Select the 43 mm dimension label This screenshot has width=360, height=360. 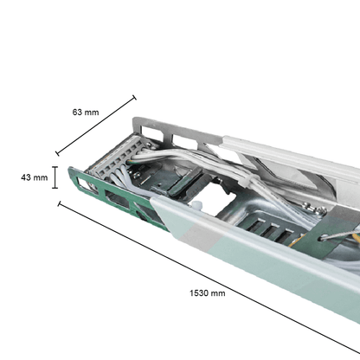[34, 177]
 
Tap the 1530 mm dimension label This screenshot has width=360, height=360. [207, 292]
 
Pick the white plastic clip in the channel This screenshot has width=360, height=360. [198, 206]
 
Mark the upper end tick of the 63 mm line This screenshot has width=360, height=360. [134, 97]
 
